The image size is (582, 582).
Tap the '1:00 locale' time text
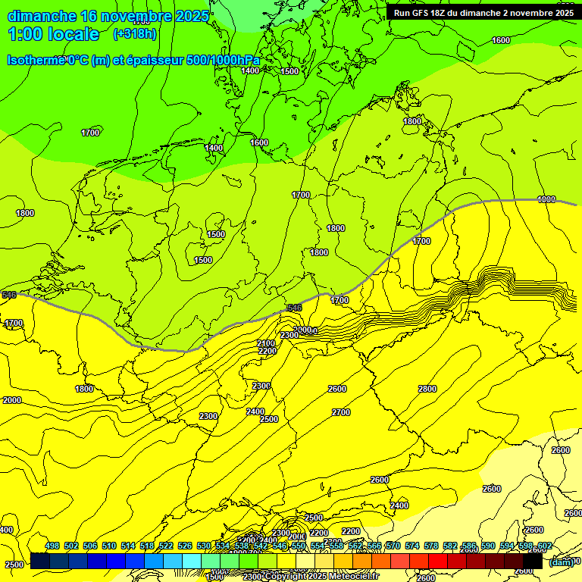(x=54, y=34)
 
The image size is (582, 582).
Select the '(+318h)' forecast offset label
(x=135, y=34)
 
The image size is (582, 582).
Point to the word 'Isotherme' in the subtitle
(x=35, y=60)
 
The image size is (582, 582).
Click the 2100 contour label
(x=266, y=343)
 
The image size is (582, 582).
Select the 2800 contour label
(x=427, y=389)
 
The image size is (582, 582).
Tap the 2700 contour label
(x=341, y=412)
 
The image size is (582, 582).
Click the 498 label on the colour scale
(x=52, y=546)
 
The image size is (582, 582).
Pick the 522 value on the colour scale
(x=166, y=546)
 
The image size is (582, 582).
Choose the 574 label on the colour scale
(x=412, y=546)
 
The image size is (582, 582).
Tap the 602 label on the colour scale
(x=543, y=546)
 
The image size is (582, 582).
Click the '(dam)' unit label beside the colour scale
(x=561, y=562)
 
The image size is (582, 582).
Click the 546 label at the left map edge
(x=9, y=295)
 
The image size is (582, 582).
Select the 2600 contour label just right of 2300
(x=337, y=389)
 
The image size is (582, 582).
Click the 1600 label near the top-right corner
(x=501, y=40)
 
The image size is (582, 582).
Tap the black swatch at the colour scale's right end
(x=532, y=561)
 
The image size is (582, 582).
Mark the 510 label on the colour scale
(x=109, y=546)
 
